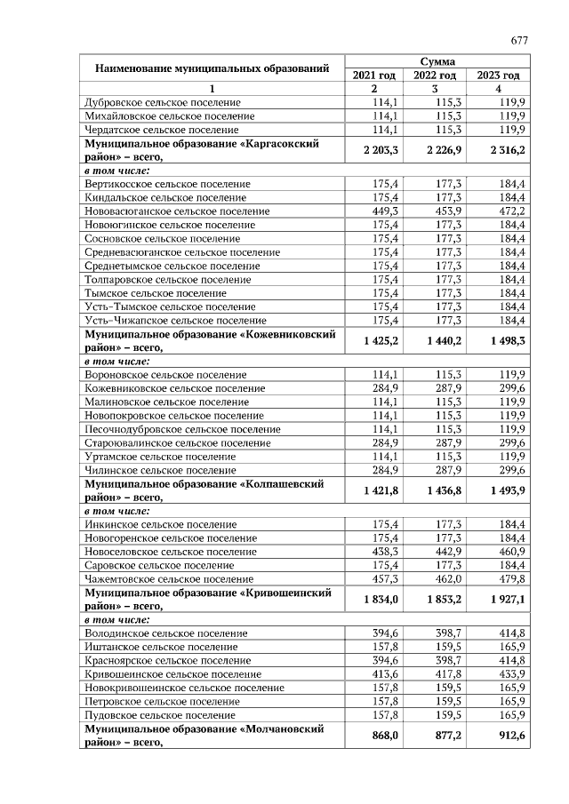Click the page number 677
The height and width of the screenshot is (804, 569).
tap(519, 41)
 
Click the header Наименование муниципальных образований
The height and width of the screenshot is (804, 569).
tap(212, 68)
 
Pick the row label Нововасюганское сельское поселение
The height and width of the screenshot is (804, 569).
tap(177, 211)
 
